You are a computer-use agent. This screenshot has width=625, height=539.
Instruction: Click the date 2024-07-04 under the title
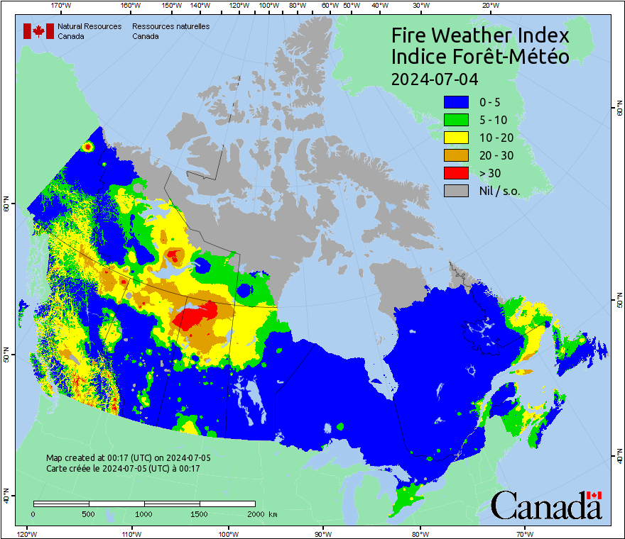[435, 77]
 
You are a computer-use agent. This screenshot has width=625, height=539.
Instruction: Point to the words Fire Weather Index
[480, 35]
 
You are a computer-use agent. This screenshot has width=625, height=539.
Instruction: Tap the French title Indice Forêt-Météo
[480, 57]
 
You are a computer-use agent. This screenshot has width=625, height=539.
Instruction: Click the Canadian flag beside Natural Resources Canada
[38, 30]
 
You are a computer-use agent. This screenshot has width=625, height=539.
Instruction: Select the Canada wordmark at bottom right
[546, 506]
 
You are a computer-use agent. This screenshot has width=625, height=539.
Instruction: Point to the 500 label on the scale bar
[89, 513]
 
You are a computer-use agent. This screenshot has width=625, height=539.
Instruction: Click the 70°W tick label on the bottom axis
[524, 533]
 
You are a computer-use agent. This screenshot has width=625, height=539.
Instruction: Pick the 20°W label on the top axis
[489, 5]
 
